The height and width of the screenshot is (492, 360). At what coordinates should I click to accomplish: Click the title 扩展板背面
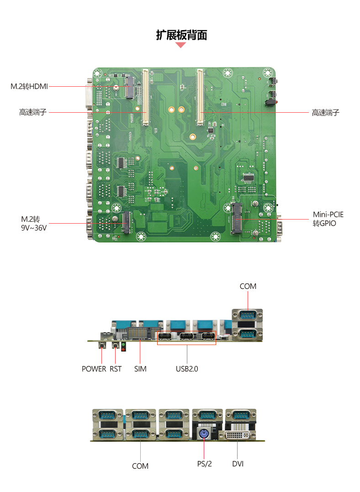click(x=181, y=35)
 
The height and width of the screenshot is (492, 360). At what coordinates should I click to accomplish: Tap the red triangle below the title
click(x=180, y=45)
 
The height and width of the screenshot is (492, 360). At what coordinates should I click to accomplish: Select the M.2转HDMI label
click(x=29, y=86)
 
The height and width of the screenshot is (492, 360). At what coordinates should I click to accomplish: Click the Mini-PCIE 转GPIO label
click(x=328, y=219)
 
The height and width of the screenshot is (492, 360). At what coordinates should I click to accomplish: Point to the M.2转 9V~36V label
click(x=34, y=224)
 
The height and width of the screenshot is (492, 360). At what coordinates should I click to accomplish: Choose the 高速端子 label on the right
click(x=325, y=113)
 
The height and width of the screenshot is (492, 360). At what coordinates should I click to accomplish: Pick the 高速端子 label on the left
click(x=33, y=112)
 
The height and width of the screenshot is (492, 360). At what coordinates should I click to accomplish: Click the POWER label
click(x=94, y=369)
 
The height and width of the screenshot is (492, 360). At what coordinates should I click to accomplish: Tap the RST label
click(x=116, y=369)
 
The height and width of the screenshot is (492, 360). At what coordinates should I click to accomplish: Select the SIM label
click(x=140, y=369)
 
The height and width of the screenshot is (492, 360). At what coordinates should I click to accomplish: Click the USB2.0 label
click(x=187, y=369)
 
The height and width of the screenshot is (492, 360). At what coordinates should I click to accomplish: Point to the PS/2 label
click(x=205, y=464)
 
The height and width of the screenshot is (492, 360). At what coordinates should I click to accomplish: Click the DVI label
click(x=238, y=464)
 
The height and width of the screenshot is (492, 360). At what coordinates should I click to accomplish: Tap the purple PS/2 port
click(x=204, y=434)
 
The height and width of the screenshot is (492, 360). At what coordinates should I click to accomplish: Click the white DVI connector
click(x=238, y=435)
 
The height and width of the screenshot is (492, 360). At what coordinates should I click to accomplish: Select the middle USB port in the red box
click(x=186, y=336)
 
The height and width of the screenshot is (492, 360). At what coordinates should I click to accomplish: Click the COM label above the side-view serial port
click(x=248, y=286)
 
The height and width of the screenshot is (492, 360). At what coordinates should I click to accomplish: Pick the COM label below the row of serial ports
click(x=140, y=466)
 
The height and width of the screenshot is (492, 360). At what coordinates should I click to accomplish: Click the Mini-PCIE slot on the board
click(x=237, y=218)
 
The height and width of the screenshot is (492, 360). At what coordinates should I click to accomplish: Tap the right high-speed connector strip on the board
click(x=200, y=97)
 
